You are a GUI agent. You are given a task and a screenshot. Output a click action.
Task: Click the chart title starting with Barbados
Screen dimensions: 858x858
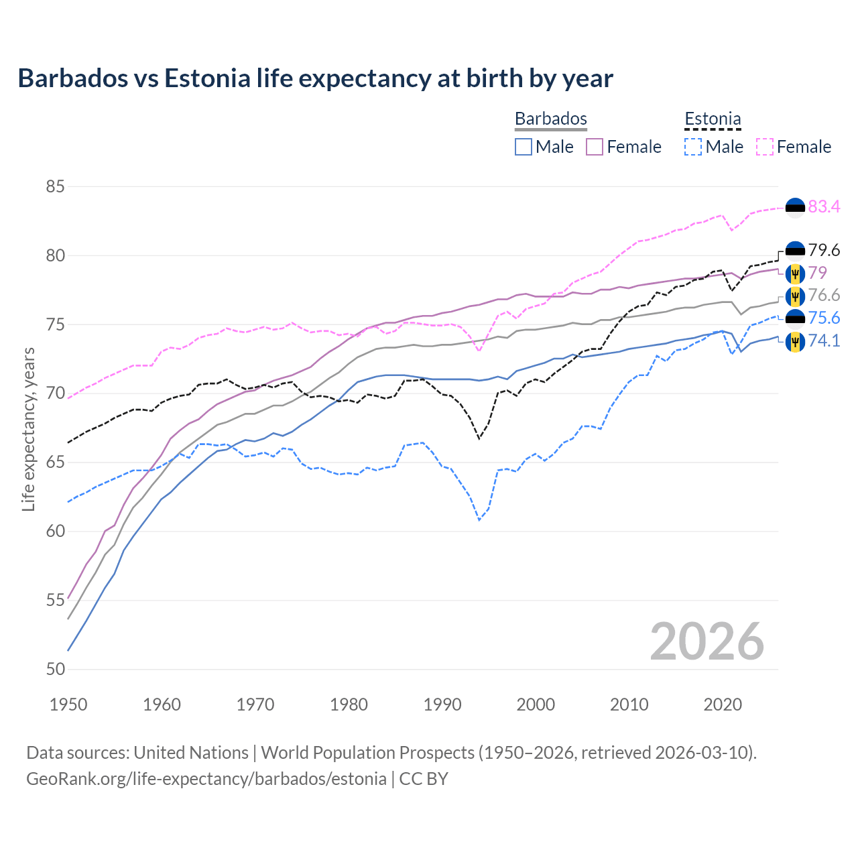315,78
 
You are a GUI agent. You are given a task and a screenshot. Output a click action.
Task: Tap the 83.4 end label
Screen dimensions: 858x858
824,206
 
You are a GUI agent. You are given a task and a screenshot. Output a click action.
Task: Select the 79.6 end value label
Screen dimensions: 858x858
824,250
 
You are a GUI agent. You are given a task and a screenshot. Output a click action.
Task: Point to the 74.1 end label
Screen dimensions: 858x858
824,341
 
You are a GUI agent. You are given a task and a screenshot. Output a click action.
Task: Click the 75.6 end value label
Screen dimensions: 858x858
824,318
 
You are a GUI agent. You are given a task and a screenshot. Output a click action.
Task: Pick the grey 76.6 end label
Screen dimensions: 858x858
824,296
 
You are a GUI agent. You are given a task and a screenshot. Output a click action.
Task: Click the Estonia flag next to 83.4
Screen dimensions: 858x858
795,208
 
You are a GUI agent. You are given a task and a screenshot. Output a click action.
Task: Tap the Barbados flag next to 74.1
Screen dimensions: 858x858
795,341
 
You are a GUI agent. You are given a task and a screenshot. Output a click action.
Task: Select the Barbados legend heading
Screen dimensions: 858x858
550,119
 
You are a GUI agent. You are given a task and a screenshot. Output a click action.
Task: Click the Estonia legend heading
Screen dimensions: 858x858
713,119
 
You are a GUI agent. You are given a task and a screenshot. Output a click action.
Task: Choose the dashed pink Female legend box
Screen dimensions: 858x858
765,147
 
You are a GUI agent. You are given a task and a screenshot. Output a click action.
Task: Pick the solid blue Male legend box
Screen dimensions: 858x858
524,147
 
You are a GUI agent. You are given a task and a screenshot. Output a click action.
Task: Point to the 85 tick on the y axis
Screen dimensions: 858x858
55,186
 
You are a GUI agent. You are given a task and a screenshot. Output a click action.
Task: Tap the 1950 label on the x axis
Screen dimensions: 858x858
68,704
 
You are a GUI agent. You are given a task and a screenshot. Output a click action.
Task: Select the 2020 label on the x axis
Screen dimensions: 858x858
723,704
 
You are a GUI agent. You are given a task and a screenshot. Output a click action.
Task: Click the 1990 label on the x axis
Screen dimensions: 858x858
442,704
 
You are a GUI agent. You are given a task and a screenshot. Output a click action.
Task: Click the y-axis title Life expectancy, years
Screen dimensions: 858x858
28,429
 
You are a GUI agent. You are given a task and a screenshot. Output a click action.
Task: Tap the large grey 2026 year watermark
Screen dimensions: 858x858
707,641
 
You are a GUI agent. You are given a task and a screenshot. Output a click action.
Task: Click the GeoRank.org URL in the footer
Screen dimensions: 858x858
206,779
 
